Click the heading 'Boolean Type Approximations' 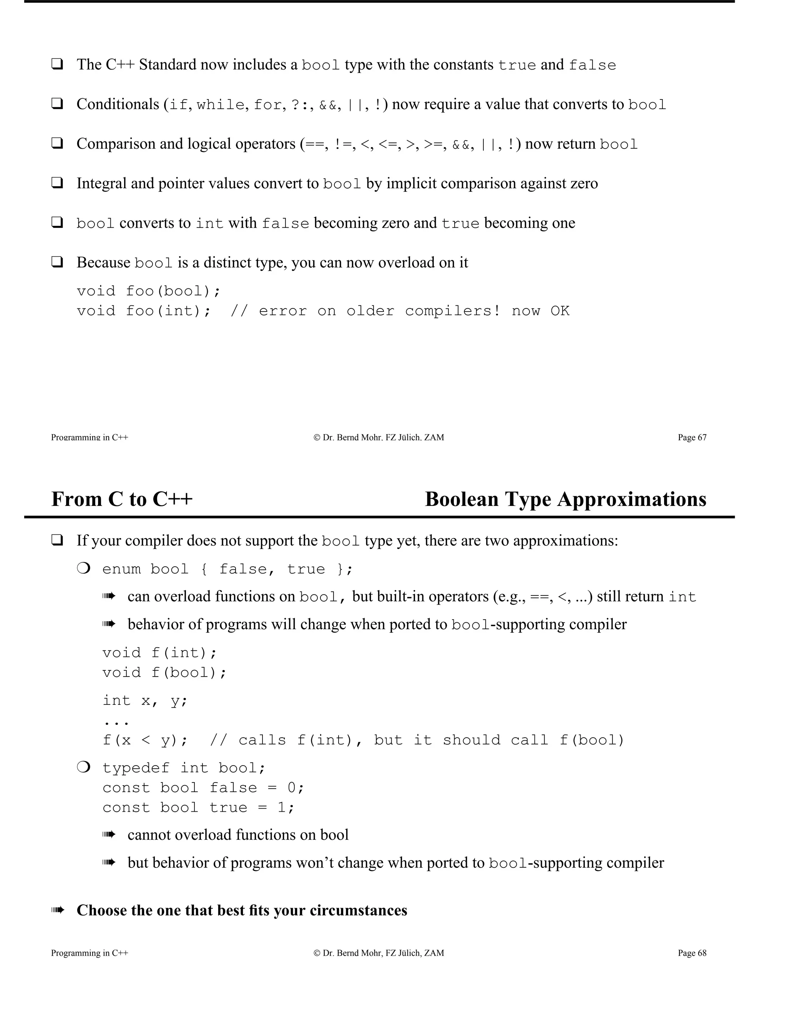pyautogui.click(x=566, y=499)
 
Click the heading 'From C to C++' pyautogui.click(x=122, y=499)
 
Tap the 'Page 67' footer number pyautogui.click(x=692, y=437)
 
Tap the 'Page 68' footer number pyautogui.click(x=692, y=953)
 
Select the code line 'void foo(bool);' pyautogui.click(x=149, y=291)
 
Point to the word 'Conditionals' pyautogui.click(x=118, y=104)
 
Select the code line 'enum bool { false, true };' pyautogui.click(x=227, y=569)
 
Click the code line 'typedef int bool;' pyautogui.click(x=184, y=768)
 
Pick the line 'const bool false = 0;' pyautogui.click(x=203, y=788)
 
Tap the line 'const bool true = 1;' pyautogui.click(x=199, y=807)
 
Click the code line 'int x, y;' pyautogui.click(x=145, y=701)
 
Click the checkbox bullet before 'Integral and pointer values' pyautogui.click(x=57, y=183)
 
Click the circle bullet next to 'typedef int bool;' pyautogui.click(x=83, y=767)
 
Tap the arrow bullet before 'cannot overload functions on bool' pyautogui.click(x=109, y=834)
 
